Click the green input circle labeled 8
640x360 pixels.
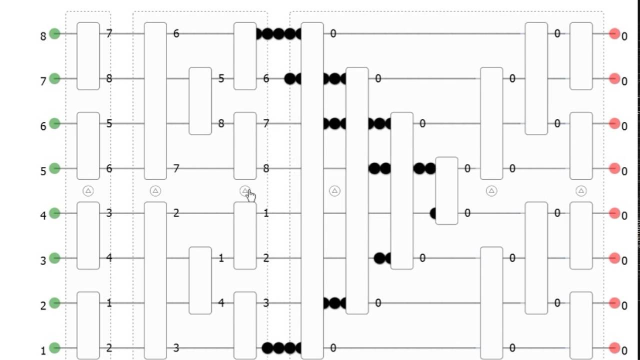(55, 33)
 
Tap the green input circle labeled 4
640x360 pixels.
(55, 213)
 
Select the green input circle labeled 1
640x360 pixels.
(55, 348)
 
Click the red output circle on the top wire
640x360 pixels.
(614, 33)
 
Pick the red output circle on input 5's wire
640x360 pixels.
(614, 168)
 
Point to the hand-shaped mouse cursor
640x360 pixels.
(249, 195)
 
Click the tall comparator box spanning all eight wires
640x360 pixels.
(312, 190)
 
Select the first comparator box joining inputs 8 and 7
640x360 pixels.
(88, 56)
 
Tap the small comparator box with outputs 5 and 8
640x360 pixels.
(200, 101)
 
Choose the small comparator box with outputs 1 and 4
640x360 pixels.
(200, 280)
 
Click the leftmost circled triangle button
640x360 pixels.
(88, 190)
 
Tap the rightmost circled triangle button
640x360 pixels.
(580, 190)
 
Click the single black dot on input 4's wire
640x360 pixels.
(434, 213)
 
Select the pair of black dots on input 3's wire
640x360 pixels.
(382, 258)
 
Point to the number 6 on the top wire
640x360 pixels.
(176, 33)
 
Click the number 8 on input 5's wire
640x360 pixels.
(266, 168)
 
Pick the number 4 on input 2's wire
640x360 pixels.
(221, 303)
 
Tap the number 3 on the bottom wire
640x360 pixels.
(176, 348)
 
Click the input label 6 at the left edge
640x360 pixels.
(43, 126)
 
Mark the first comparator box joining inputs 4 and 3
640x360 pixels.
(88, 235)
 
